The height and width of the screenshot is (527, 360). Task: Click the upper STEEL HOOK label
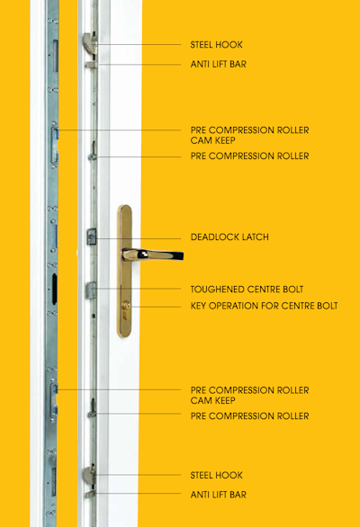pos(216,45)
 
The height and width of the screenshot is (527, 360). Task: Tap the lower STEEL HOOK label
pos(216,475)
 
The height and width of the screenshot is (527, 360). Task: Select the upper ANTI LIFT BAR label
pos(219,64)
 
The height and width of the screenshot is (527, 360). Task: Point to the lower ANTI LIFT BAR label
pos(219,495)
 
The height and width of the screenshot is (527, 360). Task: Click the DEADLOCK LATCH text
pos(229,237)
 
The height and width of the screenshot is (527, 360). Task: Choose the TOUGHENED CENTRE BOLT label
pos(247,290)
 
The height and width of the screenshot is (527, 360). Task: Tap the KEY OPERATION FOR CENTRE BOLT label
pos(264,306)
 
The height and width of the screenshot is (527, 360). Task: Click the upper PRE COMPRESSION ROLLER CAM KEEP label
pos(249,135)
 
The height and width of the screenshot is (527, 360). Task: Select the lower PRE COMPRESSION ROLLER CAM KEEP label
pos(249,396)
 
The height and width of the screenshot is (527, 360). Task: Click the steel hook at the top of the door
pos(89,42)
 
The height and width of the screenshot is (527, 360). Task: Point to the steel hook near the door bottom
pos(89,475)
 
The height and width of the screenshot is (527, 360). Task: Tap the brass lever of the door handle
pos(153,255)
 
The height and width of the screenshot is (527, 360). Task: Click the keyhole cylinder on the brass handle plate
pos(126,306)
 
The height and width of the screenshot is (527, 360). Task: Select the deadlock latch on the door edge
pos(92,237)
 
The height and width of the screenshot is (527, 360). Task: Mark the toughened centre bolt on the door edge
pos(91,290)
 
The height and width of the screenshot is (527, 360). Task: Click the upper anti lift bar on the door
pos(91,64)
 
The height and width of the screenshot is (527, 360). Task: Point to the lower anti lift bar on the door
pos(91,494)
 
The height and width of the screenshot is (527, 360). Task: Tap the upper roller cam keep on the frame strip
pos(55,145)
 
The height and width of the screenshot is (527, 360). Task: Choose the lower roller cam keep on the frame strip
pos(54,400)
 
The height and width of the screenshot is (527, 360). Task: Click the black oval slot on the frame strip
pos(55,289)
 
